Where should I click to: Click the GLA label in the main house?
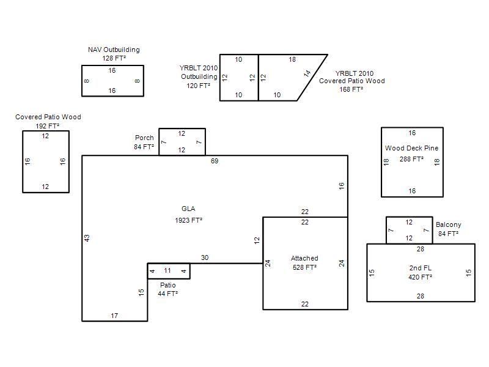[188, 209]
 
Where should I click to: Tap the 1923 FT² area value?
[189, 220]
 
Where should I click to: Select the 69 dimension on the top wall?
[215, 161]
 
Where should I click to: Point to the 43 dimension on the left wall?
[87, 238]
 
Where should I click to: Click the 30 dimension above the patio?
[205, 258]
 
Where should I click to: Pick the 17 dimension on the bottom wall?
[114, 316]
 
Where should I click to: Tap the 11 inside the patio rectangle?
[167, 270]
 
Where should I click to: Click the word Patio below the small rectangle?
[167, 285]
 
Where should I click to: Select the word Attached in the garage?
[304, 258]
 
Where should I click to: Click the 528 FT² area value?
[304, 267]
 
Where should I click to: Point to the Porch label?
[144, 138]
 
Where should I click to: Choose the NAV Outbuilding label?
[114, 50]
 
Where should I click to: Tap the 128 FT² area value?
[114, 58]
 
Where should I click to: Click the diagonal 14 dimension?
[307, 73]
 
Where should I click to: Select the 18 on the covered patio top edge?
[292, 59]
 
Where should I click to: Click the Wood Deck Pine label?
[411, 148]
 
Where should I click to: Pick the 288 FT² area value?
[411, 159]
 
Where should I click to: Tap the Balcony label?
[449, 224]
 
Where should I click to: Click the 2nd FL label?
[421, 268]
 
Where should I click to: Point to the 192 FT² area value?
[48, 126]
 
